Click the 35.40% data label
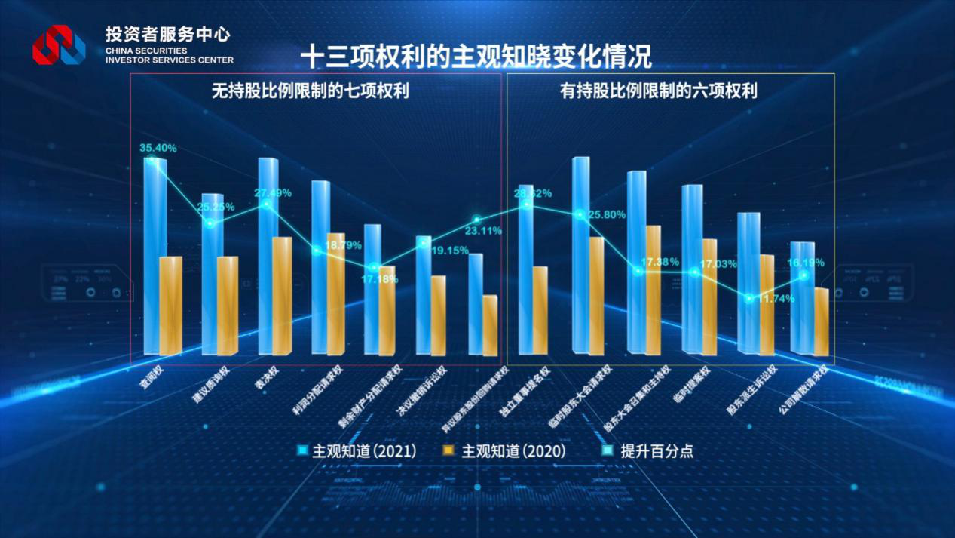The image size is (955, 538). coord(158,149)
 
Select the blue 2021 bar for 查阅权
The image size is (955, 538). coord(155,257)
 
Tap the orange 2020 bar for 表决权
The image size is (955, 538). coord(281,296)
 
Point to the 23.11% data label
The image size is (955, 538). coord(483,231)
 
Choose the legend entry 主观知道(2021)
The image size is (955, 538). coord(357,451)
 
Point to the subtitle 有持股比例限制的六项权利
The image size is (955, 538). coord(658,91)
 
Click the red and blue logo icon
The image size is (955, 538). coord(58,45)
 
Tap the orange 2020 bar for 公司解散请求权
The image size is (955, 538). coord(821,321)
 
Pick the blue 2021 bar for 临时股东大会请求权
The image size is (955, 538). coord(581,255)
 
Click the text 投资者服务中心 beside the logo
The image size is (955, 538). coord(167,35)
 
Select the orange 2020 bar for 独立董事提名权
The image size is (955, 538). coord(540,309)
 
